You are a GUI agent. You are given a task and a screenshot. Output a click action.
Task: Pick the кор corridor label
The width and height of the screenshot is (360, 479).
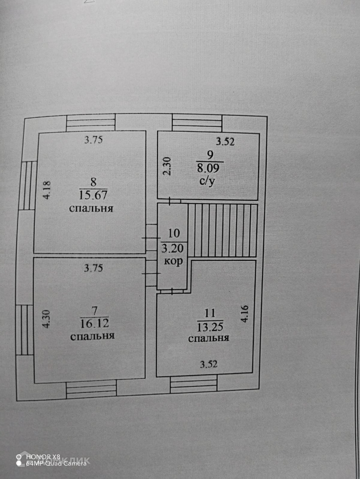click(173, 261)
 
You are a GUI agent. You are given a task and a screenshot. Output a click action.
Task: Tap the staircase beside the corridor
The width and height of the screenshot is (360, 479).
click(222, 230)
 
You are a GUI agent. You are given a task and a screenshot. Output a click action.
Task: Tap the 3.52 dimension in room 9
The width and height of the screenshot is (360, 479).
click(225, 142)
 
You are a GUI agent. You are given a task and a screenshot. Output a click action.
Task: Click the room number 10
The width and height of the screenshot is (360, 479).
click(174, 232)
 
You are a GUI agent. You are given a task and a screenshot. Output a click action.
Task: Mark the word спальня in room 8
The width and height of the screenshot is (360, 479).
click(91, 208)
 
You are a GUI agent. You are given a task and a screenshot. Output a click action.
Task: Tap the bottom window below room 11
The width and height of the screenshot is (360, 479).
click(193, 384)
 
